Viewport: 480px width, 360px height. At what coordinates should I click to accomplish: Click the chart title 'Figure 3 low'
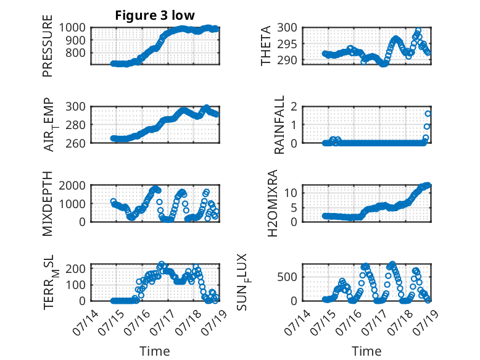[x=155, y=15]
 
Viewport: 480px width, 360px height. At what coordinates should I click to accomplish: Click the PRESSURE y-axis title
[x=48, y=46]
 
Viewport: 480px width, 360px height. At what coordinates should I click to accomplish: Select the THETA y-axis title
[x=266, y=46]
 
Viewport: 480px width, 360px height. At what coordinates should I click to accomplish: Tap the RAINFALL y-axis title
[x=279, y=125]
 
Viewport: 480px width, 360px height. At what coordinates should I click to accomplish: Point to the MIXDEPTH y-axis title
[x=48, y=203]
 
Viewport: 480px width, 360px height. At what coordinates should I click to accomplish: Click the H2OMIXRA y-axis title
[x=272, y=203]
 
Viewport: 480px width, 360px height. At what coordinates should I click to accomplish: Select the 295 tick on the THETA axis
[x=287, y=44]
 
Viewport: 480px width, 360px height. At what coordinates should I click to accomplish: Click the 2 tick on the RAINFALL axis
[x=294, y=107]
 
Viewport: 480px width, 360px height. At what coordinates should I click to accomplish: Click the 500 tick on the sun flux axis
[x=287, y=277]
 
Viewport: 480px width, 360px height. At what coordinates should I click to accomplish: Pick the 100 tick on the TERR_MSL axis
[x=75, y=285]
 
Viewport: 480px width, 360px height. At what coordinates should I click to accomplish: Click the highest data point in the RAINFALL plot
[x=428, y=114]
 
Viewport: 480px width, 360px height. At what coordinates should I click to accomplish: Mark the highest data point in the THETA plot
[x=418, y=31]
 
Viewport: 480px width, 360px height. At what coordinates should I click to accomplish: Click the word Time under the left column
[x=155, y=351]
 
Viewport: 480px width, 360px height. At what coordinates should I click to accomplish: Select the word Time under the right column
[x=366, y=351]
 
